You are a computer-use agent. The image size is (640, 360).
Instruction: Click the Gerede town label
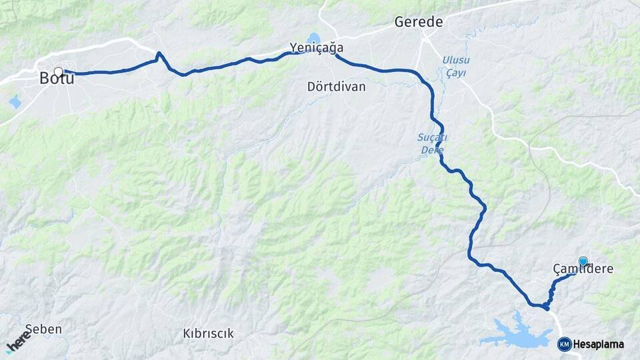tap(418, 22)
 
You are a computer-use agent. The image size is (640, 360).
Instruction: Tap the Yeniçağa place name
tap(317, 47)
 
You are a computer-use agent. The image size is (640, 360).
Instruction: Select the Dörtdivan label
tap(337, 87)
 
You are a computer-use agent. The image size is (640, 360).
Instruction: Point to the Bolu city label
tap(56, 78)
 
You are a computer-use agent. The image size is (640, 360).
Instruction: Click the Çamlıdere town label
tap(582, 269)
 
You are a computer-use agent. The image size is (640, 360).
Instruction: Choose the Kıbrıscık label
tap(208, 333)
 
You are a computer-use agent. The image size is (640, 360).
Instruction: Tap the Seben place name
tap(43, 329)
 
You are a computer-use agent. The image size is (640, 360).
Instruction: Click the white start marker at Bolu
tap(59, 71)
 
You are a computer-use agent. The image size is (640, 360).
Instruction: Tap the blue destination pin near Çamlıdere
tap(583, 262)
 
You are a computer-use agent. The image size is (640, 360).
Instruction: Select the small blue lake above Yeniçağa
tap(313, 38)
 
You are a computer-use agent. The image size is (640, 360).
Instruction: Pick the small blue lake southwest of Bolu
tap(15, 102)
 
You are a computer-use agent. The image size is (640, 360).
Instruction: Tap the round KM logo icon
tap(564, 344)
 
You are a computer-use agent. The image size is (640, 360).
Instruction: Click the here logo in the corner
tap(17, 343)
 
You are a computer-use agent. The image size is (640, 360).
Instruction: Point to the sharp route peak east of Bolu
tap(159, 54)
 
